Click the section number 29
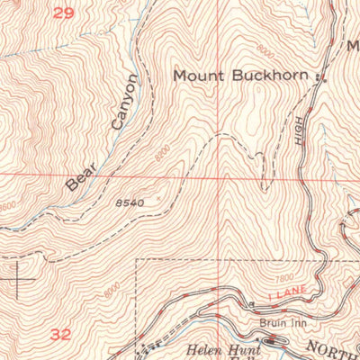coord(61,13)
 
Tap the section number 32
coord(61,334)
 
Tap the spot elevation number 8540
coord(130,203)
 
